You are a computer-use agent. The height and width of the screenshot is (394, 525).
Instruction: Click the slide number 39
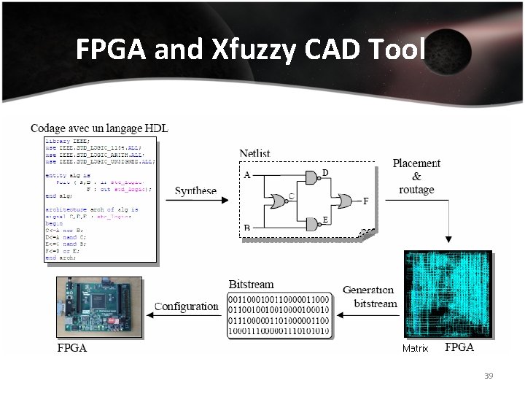(x=489, y=376)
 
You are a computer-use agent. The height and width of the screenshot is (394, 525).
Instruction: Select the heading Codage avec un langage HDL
(x=99, y=128)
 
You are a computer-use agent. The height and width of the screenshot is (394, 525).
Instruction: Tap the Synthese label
(x=195, y=191)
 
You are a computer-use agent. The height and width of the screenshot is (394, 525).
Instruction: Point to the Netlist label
(x=254, y=153)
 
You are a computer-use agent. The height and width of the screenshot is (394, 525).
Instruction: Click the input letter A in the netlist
(x=246, y=175)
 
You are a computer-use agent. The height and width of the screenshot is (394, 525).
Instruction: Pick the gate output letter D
(x=325, y=172)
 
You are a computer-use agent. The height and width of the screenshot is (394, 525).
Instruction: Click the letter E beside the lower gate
(x=325, y=219)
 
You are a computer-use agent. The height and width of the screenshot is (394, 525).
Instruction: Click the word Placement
(x=416, y=163)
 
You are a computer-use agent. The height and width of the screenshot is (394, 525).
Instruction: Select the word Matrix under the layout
(x=415, y=349)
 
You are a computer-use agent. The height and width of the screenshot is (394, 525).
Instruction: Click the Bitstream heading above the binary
(x=252, y=283)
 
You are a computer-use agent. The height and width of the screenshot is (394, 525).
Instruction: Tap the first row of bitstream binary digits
(x=279, y=300)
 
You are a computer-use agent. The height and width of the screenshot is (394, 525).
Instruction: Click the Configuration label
(x=186, y=306)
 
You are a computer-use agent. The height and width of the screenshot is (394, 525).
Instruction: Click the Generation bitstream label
(x=369, y=296)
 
